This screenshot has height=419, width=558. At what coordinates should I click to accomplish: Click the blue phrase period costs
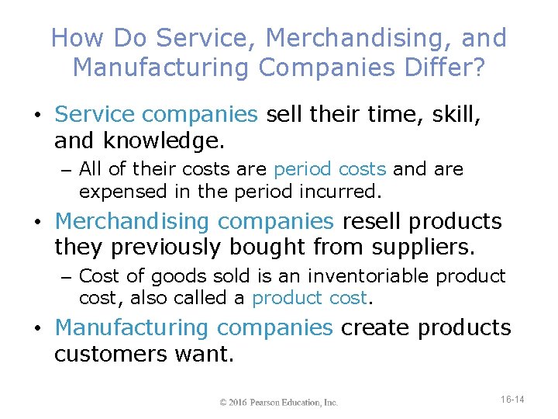tap(331, 169)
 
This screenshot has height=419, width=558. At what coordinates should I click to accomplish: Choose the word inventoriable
tap(368, 276)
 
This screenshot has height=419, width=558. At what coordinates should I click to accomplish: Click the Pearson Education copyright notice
tap(279, 402)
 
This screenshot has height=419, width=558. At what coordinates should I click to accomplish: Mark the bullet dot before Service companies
tap(38, 116)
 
